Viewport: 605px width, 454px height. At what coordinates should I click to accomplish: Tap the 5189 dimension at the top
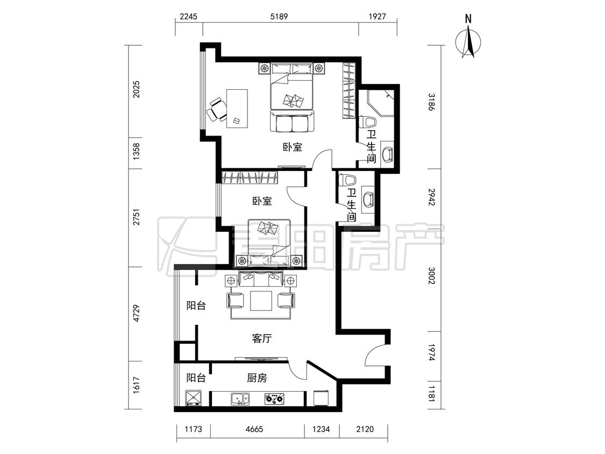click(x=279, y=17)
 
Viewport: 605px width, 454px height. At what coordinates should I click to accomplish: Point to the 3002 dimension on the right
click(x=432, y=276)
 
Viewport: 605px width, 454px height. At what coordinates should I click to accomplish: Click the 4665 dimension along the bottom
click(x=254, y=429)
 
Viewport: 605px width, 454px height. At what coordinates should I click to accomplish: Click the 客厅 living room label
click(x=261, y=338)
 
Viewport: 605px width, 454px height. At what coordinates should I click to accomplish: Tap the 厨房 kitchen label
click(x=257, y=378)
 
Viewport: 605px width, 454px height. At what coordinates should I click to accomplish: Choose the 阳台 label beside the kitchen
click(x=196, y=378)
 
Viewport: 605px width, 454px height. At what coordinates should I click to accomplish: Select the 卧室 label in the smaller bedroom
click(x=262, y=201)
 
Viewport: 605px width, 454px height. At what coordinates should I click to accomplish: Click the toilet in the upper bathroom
click(x=368, y=122)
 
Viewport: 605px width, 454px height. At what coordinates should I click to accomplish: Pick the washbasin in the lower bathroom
click(x=367, y=199)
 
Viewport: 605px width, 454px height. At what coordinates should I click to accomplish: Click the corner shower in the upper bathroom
click(x=381, y=103)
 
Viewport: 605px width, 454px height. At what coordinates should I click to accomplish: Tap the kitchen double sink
click(x=240, y=399)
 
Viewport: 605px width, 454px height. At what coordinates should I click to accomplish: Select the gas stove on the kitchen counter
click(x=274, y=399)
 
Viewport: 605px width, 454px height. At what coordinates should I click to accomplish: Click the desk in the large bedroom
click(x=237, y=108)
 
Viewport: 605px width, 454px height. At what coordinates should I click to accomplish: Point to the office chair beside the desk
click(x=216, y=110)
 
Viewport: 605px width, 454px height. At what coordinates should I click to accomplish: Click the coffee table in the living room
click(x=261, y=301)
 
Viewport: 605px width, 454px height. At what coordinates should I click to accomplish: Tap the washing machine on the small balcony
click(x=193, y=399)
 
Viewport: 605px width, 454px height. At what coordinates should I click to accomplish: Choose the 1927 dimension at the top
click(x=378, y=17)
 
